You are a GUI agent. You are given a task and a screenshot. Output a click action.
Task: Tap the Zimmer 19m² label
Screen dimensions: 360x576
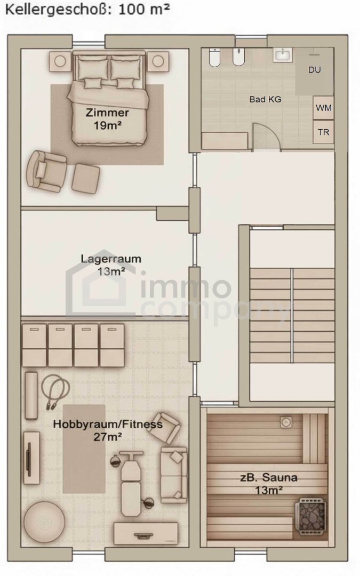107,118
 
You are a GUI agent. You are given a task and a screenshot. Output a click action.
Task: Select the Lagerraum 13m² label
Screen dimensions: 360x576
110,265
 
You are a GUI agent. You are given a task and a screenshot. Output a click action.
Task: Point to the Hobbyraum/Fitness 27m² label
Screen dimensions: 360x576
108,430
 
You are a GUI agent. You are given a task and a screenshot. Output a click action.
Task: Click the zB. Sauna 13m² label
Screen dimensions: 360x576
268,483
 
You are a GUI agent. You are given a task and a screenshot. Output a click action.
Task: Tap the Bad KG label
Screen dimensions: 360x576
265,99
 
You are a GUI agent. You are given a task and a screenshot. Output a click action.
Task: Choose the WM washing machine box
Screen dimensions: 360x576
323,108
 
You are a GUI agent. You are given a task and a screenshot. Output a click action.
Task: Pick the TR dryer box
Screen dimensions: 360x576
323,132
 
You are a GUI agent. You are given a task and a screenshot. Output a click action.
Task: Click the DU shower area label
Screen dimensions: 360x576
315,70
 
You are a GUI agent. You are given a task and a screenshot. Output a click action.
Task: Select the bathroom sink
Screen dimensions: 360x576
283,55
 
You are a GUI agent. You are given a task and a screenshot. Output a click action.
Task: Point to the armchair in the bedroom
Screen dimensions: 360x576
46,171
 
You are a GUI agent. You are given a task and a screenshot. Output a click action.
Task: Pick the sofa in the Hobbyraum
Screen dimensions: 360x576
173,475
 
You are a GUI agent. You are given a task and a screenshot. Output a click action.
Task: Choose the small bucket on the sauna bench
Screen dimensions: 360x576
285,422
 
